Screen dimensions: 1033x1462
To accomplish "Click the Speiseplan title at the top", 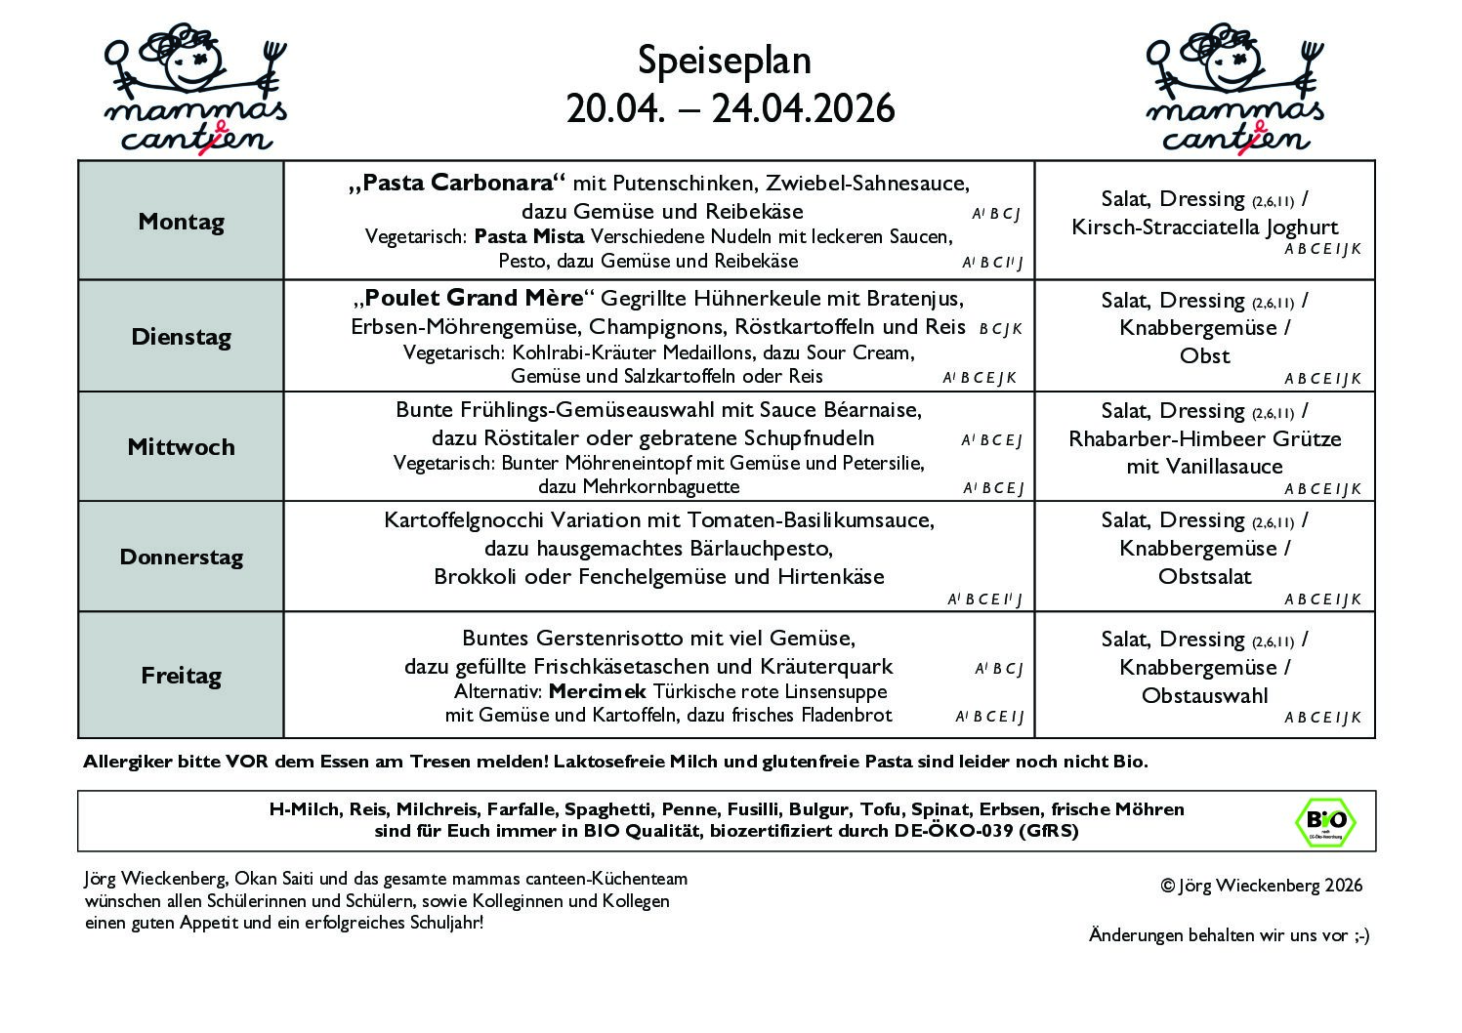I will [724, 61].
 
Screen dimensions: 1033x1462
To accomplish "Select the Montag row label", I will [181, 222].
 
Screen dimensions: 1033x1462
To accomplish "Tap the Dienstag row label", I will [181, 337].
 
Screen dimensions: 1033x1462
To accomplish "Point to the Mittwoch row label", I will [181, 447].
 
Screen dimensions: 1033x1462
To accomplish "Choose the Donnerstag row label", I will [181, 558].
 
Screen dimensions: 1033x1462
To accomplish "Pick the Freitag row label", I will [181, 676].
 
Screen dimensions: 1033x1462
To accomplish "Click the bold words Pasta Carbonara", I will [458, 184].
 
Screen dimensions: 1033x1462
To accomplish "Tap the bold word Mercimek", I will [598, 692].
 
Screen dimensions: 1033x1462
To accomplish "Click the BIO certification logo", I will [1325, 821].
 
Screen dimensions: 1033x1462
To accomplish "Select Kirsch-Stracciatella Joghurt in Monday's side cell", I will [1204, 227].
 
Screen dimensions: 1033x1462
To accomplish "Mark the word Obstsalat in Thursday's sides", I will [1204, 577].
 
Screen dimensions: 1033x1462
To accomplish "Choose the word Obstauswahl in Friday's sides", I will [1204, 696].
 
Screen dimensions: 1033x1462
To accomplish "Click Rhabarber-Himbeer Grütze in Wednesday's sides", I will [1204, 439].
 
